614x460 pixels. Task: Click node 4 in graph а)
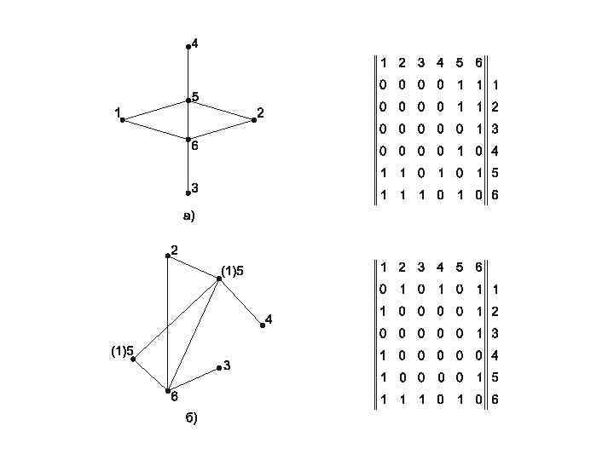[x=188, y=46]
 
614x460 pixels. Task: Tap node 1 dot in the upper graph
[x=123, y=120]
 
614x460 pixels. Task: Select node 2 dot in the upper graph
[x=254, y=120]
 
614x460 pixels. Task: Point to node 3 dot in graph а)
[x=188, y=193]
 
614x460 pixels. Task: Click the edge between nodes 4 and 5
[x=188, y=73]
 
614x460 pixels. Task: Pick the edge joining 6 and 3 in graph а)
[x=188, y=167]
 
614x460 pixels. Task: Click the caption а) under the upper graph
[x=189, y=216]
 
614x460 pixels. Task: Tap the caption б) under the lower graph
[x=190, y=417]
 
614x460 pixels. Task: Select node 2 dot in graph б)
[x=168, y=256]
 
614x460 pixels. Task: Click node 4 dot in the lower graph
[x=263, y=325]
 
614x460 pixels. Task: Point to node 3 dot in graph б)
[x=219, y=367]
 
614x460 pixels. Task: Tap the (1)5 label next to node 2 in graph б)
[x=232, y=271]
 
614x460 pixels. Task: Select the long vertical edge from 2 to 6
[x=168, y=324]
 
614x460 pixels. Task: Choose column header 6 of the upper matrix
[x=478, y=63]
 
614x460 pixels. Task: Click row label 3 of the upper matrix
[x=495, y=129]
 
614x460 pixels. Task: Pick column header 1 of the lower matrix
[x=383, y=267]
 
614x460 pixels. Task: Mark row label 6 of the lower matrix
[x=495, y=400]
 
